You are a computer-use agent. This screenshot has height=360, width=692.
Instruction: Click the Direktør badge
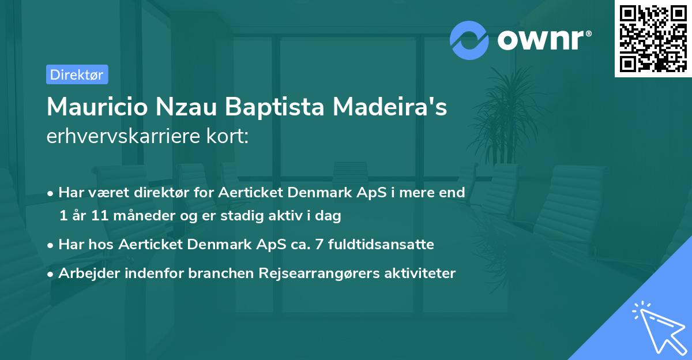(x=77, y=74)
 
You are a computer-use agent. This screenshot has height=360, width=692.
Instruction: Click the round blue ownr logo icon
(x=470, y=40)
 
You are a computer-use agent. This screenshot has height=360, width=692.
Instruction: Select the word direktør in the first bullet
(x=163, y=193)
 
